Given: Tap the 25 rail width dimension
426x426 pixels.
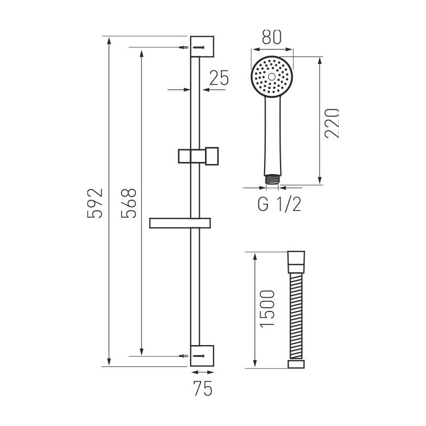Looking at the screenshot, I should click(x=218, y=78).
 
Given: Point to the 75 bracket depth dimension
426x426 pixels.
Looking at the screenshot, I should click(x=202, y=389).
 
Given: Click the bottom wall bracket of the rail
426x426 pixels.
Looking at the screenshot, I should click(x=202, y=355).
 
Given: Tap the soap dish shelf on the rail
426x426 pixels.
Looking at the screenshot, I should click(x=181, y=223).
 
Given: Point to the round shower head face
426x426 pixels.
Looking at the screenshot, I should click(x=272, y=77).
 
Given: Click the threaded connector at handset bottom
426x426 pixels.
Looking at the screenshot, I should click(x=273, y=179).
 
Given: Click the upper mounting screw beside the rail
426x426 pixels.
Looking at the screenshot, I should click(x=184, y=47).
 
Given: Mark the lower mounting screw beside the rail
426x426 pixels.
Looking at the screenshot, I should click(x=184, y=355).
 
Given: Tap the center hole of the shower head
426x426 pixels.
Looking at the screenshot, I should click(x=272, y=77).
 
